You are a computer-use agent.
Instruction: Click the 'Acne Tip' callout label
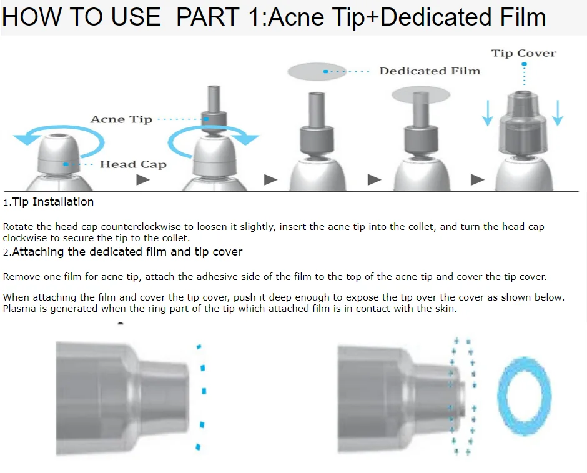pyautogui.click(x=121, y=119)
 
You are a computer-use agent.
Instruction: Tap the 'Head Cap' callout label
pyautogui.click(x=133, y=164)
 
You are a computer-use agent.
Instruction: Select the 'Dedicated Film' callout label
pyautogui.click(x=430, y=71)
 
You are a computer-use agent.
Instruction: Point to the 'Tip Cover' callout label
pyautogui.click(x=524, y=53)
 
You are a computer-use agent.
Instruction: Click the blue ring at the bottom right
pyautogui.click(x=501, y=396)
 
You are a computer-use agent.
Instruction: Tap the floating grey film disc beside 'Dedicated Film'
pyautogui.click(x=317, y=71)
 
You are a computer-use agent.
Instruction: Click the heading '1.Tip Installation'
pyautogui.click(x=48, y=202)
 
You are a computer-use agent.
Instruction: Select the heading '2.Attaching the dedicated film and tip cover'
pyautogui.click(x=123, y=252)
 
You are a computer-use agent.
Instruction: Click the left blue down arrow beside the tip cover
pyautogui.click(x=488, y=112)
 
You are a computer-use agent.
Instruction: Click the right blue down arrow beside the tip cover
pyautogui.click(x=558, y=112)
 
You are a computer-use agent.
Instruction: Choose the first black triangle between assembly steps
pyautogui.click(x=142, y=180)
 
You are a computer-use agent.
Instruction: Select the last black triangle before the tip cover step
pyautogui.click(x=477, y=180)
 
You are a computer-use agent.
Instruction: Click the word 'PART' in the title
pyautogui.click(x=208, y=17)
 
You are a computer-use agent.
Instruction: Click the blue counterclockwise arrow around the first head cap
pyautogui.click(x=60, y=129)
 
